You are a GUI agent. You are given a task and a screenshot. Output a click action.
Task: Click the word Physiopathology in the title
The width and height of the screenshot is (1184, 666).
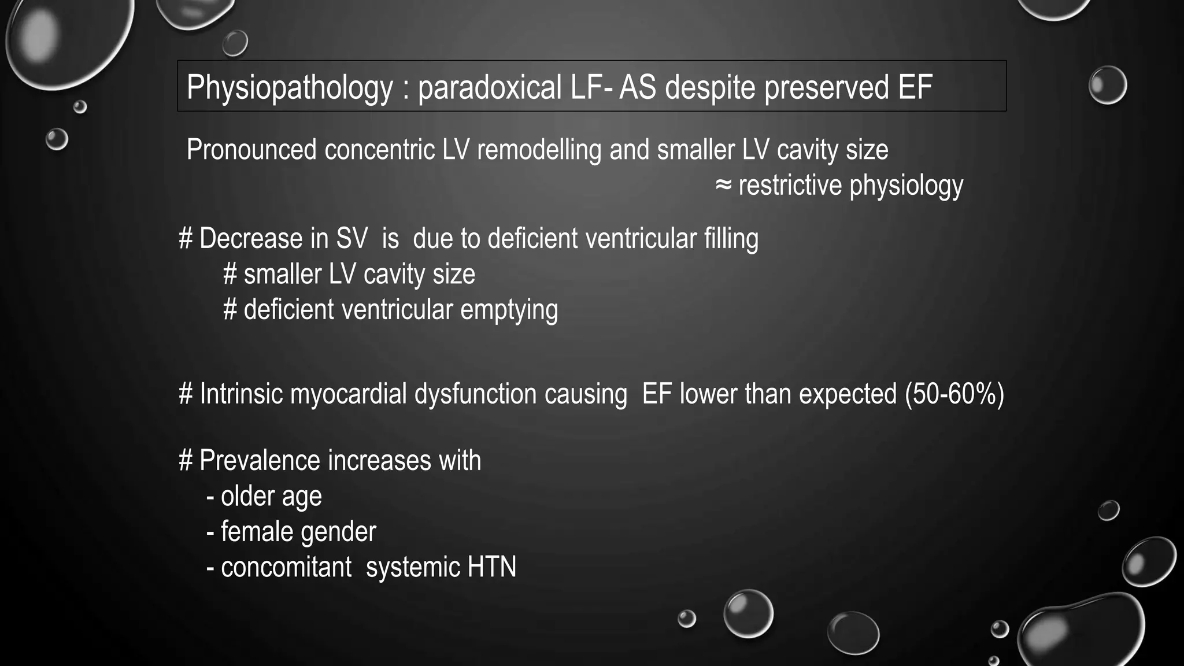point(289,88)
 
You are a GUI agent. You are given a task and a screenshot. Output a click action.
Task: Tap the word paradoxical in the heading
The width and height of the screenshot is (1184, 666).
point(490,88)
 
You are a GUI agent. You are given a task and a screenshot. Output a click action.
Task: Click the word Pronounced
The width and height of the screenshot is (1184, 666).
point(252,150)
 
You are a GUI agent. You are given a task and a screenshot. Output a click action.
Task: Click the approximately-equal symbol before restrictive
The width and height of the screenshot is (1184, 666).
point(723,186)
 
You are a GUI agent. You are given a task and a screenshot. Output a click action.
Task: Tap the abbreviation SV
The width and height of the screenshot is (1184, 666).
point(351,239)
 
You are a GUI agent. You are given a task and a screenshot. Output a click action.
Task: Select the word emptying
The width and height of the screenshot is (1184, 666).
point(509,310)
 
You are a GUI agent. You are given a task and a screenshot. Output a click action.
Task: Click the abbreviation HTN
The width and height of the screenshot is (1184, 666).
point(491,567)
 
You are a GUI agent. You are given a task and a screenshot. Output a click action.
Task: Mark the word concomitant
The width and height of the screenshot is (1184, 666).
point(286,567)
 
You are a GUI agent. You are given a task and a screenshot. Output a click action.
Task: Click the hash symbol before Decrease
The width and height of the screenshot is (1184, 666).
point(186,239)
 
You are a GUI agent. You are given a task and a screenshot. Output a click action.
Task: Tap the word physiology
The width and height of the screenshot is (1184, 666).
point(906,186)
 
